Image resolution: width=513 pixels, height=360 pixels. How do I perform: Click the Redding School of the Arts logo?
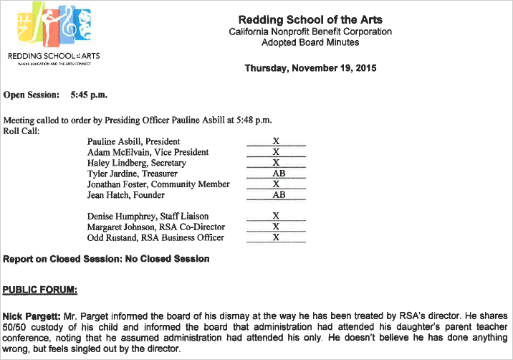tap(54, 32)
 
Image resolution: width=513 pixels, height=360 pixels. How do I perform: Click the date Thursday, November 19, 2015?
tap(310, 69)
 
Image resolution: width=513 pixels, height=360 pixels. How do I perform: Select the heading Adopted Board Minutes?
tap(310, 43)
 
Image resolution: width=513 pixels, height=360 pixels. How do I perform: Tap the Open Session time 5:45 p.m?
tap(89, 95)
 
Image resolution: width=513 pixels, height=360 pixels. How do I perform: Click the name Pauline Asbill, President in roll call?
tap(133, 142)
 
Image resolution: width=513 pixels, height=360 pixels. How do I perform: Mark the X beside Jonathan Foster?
tap(276, 184)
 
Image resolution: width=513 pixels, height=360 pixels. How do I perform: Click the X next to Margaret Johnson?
tap(276, 227)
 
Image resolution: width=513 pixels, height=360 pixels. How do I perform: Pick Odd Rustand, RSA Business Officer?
tap(155, 237)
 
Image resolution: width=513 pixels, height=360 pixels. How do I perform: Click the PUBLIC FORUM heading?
tap(40, 290)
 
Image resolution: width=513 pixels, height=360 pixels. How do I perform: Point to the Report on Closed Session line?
tap(106, 259)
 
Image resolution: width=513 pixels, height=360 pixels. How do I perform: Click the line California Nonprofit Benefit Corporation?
tap(310, 32)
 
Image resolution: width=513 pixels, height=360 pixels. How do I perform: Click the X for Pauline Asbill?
tap(276, 142)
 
